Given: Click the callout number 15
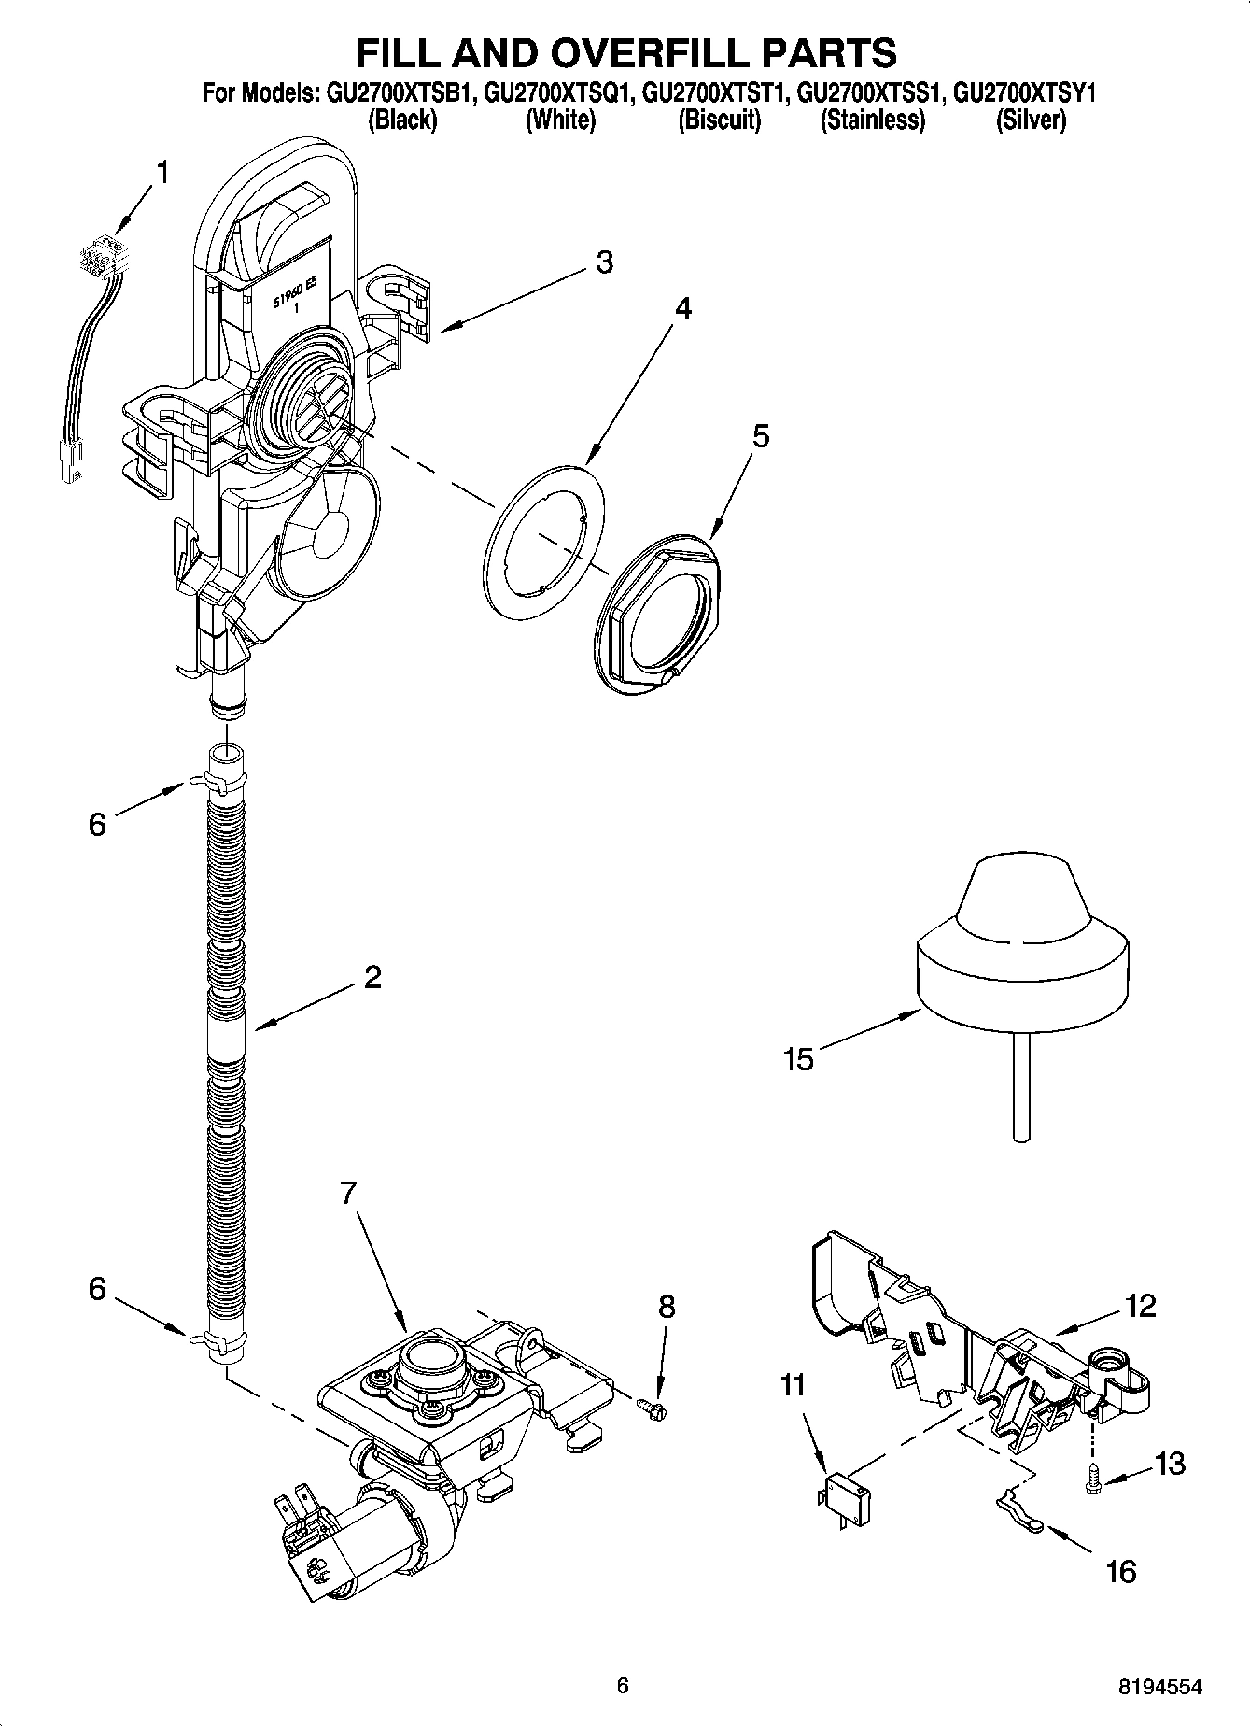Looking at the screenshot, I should coord(799,1059).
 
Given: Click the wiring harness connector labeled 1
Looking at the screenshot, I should coord(103,257).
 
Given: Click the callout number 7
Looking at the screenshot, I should coord(347,1194).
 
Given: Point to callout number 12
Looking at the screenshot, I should coord(1141,1305).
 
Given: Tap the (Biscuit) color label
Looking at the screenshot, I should coord(719,120).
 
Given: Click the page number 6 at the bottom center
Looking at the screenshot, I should coord(623,1686).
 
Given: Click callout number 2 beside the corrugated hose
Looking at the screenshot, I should coord(372,978).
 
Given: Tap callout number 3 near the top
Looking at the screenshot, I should coord(605,263).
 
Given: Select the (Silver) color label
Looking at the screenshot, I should coord(1031,120).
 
